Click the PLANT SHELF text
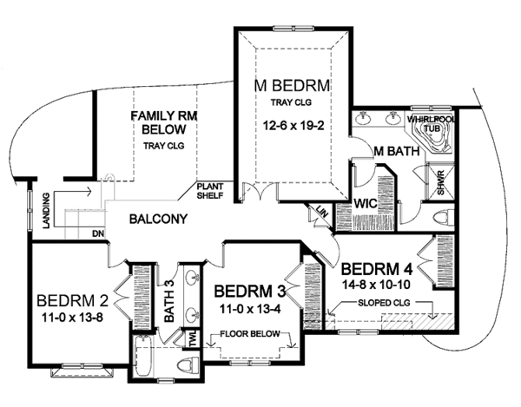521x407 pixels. click(210, 190)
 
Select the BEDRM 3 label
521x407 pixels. click(252, 289)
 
